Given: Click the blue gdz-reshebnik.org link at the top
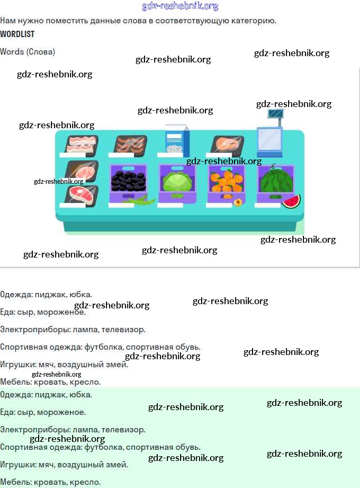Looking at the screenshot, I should click(180, 6).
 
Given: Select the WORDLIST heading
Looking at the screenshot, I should click(17, 34).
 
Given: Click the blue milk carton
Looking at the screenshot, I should click(177, 140).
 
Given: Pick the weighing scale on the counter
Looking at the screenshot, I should click(271, 135).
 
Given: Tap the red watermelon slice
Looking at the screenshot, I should click(291, 201).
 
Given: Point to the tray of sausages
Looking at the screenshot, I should click(130, 144).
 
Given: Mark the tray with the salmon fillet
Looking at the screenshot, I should click(228, 144).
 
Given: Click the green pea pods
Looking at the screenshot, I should click(140, 201).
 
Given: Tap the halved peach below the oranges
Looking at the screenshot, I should click(238, 202).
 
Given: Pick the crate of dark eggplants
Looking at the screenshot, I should click(128, 182).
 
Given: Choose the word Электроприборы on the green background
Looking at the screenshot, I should click(34, 430).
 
